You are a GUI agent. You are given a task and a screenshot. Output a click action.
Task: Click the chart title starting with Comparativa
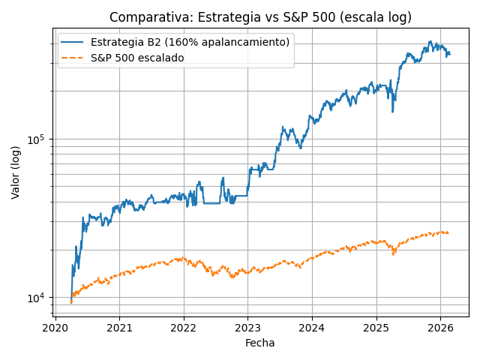coord(260,17)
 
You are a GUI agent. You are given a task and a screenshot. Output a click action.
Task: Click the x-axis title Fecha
coord(259,343)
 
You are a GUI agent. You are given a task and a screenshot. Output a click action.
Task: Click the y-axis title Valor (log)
coord(16,172)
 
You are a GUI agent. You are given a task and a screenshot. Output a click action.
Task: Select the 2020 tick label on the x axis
coord(55,327)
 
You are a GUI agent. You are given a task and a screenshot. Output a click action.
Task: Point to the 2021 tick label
coord(119,327)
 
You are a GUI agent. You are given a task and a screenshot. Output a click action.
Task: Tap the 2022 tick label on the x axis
coord(184,327)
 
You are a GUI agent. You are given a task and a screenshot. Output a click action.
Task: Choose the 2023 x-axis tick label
coord(247,327)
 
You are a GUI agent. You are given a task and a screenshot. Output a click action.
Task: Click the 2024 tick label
coord(312,327)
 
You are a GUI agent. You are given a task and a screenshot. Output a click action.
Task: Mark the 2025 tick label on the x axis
coord(376,327)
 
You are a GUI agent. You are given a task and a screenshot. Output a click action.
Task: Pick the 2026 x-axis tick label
coord(440,327)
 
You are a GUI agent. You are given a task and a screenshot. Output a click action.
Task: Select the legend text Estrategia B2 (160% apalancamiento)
coord(190,43)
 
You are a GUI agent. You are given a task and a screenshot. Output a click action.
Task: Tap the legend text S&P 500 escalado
coord(137,58)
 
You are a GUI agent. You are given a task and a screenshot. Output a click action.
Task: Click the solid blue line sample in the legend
coord(73,43)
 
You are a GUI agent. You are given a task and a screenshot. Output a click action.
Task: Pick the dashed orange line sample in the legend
coord(73,58)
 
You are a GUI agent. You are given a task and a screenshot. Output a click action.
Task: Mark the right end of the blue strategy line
coord(449,54)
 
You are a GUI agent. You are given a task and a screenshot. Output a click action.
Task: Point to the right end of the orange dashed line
coord(448,232)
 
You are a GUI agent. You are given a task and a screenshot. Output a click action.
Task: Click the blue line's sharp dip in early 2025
coord(392,112)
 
